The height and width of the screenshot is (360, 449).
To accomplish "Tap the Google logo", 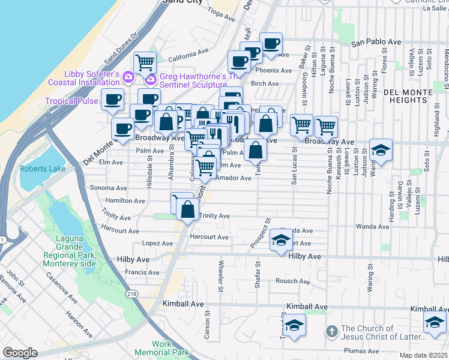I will click(20, 353).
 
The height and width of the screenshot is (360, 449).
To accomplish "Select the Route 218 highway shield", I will click(131, 294).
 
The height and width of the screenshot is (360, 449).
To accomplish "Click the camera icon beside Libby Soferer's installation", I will click(128, 77).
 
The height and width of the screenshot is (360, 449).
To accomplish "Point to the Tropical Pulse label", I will click(71, 101).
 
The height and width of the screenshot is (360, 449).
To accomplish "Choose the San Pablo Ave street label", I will click(376, 43).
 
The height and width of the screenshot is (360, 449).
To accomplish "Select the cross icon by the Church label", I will click(331, 331).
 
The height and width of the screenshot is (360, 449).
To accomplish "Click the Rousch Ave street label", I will click(292, 281).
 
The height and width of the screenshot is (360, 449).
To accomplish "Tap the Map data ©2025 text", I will click(426, 355).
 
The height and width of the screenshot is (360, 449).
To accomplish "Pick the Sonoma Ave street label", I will click(108, 188).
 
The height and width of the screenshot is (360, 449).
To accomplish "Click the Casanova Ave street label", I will click(64, 288).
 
